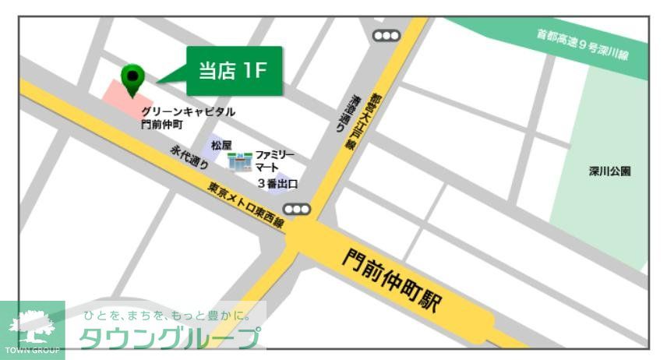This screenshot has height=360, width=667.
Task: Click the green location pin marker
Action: pos(133,77)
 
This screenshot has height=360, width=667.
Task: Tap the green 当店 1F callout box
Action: pos(233,71)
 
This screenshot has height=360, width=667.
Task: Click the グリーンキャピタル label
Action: pos(188,112)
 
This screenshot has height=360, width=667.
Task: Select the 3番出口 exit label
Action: pos(277,185)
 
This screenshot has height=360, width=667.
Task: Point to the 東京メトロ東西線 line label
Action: pos(246,205)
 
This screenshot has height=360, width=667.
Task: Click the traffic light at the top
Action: pos(386,35)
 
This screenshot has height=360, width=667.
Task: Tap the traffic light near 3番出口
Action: pos(296,209)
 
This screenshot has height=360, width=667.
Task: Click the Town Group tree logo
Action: pos(32,328)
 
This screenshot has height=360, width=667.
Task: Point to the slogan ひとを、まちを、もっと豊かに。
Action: pos(167,316)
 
